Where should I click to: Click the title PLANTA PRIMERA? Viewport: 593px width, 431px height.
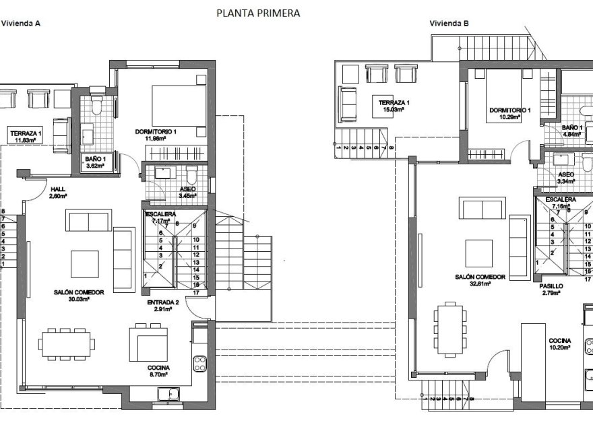(x=257, y=12)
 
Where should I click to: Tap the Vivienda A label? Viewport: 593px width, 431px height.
(x=21, y=23)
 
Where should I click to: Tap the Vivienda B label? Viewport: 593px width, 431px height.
(x=449, y=23)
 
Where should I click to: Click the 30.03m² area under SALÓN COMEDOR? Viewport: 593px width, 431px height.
(x=79, y=299)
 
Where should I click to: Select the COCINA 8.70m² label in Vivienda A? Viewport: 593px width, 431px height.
(x=159, y=372)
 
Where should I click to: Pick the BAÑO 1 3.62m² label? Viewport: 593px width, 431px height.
(x=94, y=163)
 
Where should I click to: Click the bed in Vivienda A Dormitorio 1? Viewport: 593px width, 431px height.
(x=178, y=103)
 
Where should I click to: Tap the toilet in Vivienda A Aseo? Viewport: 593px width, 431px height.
(x=191, y=176)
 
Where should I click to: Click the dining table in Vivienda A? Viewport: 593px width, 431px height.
(x=67, y=343)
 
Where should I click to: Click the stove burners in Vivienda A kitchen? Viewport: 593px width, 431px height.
(x=200, y=364)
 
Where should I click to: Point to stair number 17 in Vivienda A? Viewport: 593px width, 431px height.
(x=195, y=293)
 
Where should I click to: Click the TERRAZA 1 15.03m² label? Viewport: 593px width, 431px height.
(x=394, y=106)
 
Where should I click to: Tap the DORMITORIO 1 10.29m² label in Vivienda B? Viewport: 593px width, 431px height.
(x=510, y=113)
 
